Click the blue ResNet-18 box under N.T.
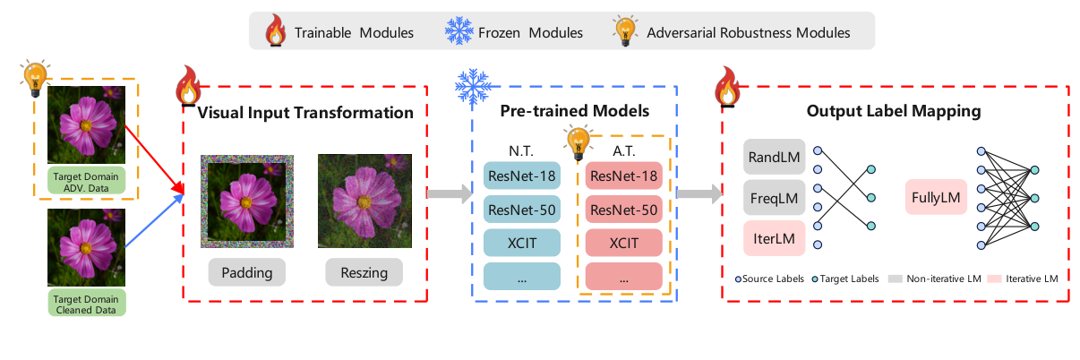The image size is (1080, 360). click(x=521, y=176)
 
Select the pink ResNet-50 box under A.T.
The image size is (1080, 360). click(x=624, y=210)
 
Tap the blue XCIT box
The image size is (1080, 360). click(x=521, y=243)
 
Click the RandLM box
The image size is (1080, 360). click(x=774, y=157)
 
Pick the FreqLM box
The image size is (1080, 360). click(x=774, y=196)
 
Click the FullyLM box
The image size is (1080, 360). click(x=937, y=196)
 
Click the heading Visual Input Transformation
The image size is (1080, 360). click(x=305, y=113)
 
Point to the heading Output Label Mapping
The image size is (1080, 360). click(x=893, y=113)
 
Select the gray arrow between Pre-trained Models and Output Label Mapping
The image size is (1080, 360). click(x=699, y=193)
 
